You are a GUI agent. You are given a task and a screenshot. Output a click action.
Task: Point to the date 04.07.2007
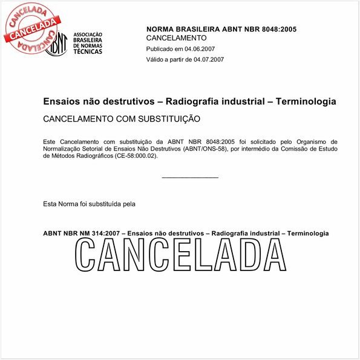point(209,59)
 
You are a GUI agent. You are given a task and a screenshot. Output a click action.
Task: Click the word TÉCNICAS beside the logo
point(88,51)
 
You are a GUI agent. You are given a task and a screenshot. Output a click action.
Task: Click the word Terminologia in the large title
point(306,102)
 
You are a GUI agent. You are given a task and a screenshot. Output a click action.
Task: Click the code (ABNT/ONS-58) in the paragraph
point(205,149)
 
